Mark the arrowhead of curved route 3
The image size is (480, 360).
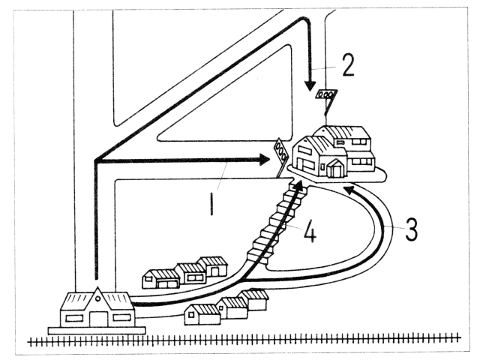tap(349, 190)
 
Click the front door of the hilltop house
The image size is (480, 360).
tap(334, 170)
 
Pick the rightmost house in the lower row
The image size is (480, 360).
tap(254, 300)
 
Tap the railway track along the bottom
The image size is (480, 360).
tap(247, 341)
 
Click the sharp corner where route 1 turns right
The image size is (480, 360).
tap(96, 160)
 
